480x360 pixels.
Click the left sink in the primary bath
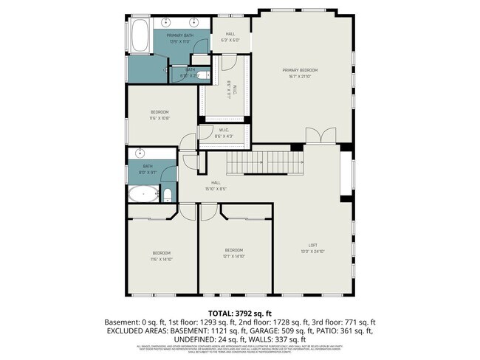[x=167, y=23]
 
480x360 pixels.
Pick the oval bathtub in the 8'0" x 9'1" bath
[x=143, y=195]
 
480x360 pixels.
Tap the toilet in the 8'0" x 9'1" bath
[x=167, y=195]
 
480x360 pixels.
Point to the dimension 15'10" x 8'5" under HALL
[x=216, y=189]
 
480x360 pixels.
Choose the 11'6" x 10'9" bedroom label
[x=160, y=115]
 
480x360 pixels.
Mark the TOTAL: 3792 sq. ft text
[x=240, y=313]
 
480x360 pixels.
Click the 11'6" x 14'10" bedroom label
[x=162, y=256]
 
